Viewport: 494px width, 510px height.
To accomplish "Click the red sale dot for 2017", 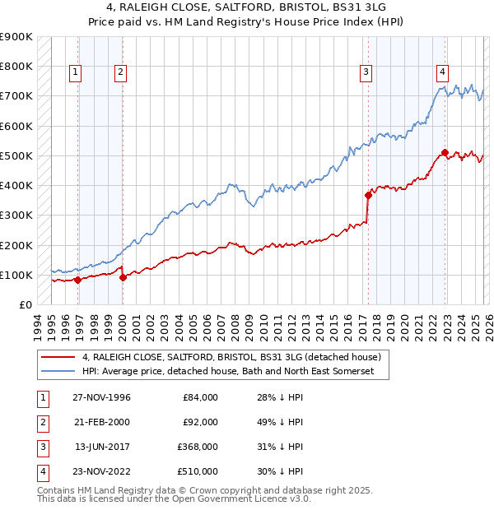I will pyautogui.click(x=368, y=195).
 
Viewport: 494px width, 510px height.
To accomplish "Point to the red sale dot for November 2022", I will pyautogui.click(x=445, y=152).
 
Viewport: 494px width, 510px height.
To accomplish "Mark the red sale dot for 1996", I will pyautogui.click(x=78, y=280).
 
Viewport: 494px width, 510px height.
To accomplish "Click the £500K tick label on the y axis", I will pyautogui.click(x=16, y=155).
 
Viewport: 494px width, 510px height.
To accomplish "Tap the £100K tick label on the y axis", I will pyautogui.click(x=16, y=275).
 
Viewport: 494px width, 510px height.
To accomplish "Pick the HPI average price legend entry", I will pyautogui.click(x=227, y=373).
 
